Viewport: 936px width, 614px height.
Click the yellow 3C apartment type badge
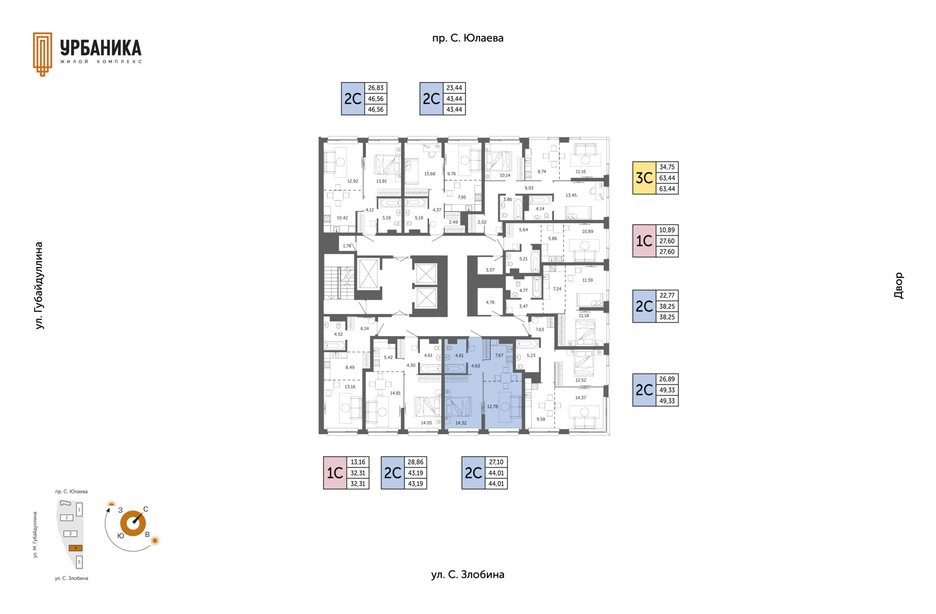point(644,178)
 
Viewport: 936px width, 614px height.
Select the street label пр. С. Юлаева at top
point(468,38)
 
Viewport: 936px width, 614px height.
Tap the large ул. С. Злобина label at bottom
point(468,575)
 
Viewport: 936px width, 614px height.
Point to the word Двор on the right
point(898,286)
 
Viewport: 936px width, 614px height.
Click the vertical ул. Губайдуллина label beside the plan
point(39,286)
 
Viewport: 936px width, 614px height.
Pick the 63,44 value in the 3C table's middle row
point(667,178)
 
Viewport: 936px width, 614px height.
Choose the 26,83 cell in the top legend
point(375,88)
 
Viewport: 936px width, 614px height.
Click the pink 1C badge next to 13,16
point(335,473)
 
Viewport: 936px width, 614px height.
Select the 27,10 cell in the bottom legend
point(496,462)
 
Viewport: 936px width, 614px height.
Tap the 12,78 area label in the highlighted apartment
point(492,406)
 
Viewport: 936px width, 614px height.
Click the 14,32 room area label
point(461,423)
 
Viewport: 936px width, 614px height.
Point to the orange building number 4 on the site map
point(76,548)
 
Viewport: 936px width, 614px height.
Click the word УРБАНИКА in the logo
point(101,48)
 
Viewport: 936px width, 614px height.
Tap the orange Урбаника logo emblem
point(42,54)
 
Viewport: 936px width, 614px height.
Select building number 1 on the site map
point(79,510)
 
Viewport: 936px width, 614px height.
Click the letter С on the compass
point(145,509)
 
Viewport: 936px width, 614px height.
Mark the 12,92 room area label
point(352,181)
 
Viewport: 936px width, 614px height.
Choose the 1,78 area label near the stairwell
point(347,246)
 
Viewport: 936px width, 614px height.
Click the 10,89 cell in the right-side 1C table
point(667,230)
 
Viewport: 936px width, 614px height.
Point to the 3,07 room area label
point(490,270)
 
